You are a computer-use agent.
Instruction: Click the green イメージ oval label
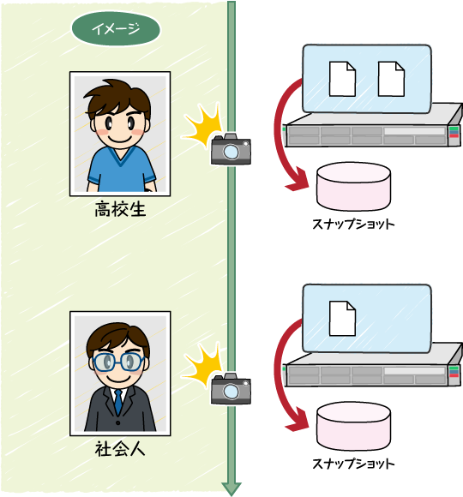point(116,29)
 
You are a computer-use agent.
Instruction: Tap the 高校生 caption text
point(120,209)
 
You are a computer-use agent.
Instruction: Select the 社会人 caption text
point(120,449)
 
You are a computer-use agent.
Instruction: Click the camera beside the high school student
point(231,149)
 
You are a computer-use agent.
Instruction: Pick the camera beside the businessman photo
point(231,388)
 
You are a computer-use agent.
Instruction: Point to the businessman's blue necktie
point(118,402)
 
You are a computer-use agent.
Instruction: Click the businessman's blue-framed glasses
point(118,362)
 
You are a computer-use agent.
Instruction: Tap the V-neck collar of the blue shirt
point(121,158)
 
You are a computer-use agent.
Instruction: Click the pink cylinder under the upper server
point(353,187)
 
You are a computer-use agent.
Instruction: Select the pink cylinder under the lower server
point(353,427)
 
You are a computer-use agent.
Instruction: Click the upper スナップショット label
point(353,225)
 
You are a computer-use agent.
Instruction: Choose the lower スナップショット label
point(353,464)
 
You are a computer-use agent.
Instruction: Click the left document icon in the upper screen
point(342,79)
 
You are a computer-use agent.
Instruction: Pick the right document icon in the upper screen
point(391,79)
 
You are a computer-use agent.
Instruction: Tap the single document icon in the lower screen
point(342,319)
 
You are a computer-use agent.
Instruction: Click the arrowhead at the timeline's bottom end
point(231,488)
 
